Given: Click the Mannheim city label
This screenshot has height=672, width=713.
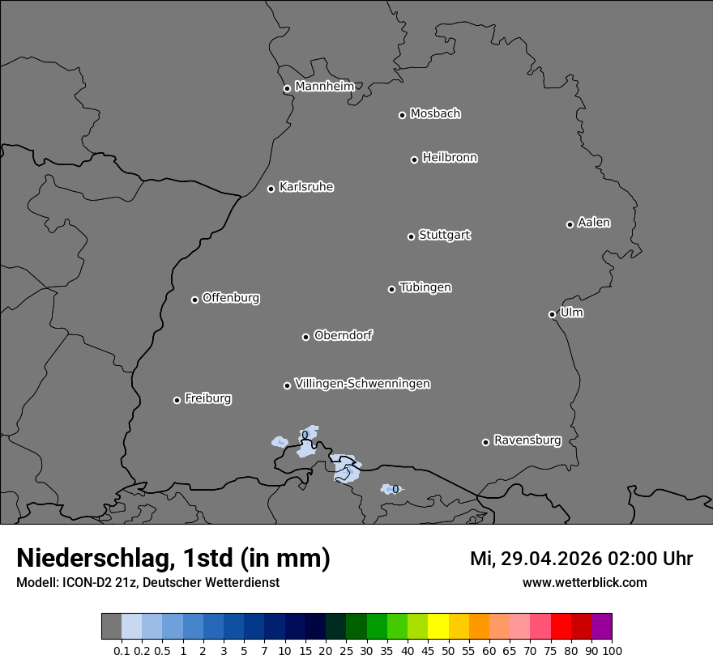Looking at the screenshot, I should [324, 86].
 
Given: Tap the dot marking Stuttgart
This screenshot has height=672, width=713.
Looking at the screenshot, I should [411, 236].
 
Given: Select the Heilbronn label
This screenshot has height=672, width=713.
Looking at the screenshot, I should [450, 157].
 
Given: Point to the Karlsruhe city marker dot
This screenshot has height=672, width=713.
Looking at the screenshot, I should [271, 189].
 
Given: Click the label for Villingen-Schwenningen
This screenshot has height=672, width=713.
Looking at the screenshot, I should [362, 383].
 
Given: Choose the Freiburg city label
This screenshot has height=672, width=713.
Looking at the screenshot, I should [207, 398].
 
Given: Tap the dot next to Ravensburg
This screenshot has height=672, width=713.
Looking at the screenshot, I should [485, 442].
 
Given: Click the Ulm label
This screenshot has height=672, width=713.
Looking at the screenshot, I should [571, 313].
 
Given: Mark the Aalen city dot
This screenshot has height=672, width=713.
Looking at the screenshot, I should [570, 224].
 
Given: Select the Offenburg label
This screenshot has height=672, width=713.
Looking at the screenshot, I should [231, 297].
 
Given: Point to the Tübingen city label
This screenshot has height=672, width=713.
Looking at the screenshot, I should [425, 287].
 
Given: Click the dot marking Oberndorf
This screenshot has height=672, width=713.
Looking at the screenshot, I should [305, 337].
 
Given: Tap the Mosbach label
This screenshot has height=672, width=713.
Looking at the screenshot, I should [435, 113].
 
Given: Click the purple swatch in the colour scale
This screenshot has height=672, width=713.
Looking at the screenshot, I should [601, 627].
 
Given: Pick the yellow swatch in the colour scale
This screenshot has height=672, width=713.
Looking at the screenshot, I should [438, 627].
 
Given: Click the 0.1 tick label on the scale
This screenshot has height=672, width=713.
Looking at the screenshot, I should [122, 651].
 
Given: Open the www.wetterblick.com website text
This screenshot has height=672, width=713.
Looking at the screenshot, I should [585, 582].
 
